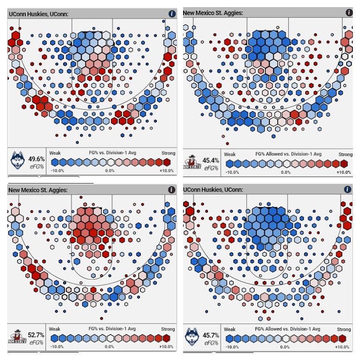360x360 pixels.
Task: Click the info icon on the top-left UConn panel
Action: click(x=172, y=14)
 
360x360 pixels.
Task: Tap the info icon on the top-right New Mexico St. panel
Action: click(x=347, y=13)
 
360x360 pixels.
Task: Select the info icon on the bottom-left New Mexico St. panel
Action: click(x=171, y=190)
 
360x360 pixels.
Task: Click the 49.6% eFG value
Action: click(x=36, y=159)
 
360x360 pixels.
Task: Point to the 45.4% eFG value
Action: click(x=211, y=160)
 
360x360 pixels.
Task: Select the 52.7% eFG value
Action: click(x=36, y=335)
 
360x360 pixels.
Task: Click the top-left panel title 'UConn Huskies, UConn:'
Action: click(x=38, y=14)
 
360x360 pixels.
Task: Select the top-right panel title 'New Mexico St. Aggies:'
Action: click(x=213, y=13)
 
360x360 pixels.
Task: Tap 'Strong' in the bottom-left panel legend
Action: click(x=168, y=329)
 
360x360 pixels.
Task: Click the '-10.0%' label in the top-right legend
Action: click(x=232, y=172)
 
